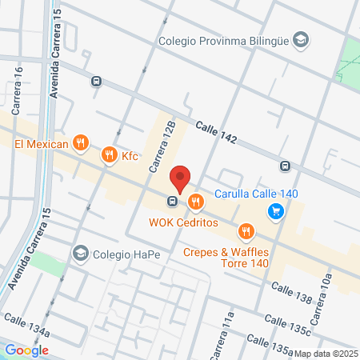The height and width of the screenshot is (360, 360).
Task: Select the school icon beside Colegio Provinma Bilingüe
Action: (300, 38)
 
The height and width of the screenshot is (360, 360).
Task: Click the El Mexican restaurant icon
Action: (79, 143)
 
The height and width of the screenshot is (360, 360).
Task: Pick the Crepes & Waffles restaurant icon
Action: (246, 232)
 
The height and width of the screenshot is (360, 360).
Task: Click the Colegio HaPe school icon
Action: (80, 254)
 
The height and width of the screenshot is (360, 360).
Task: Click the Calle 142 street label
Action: (216, 133)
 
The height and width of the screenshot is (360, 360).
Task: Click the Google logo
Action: (26, 350)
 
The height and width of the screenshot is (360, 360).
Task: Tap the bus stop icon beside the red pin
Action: (172, 201)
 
